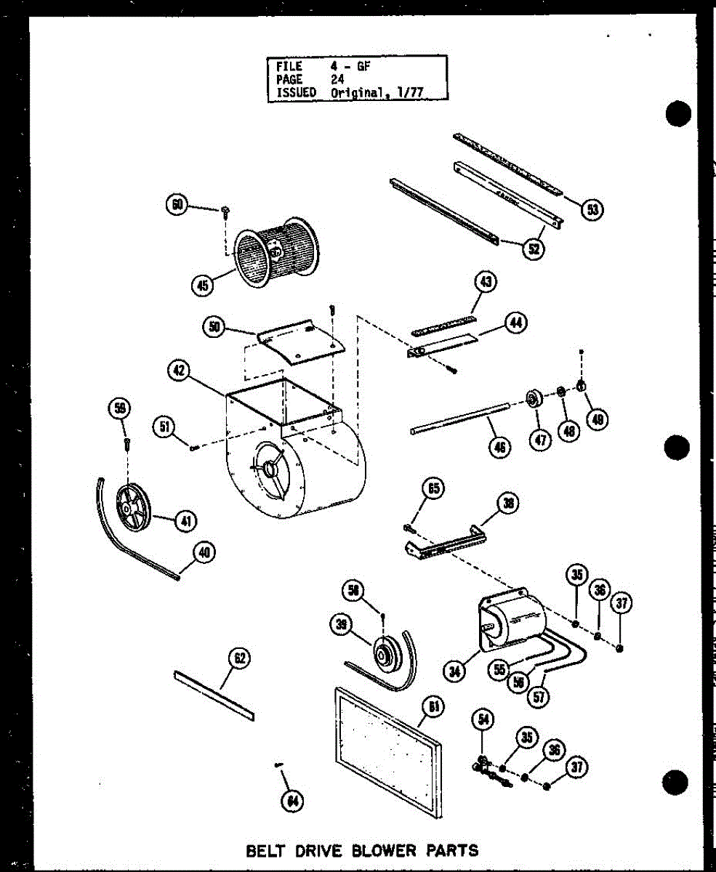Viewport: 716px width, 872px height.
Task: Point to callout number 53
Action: pos(593,209)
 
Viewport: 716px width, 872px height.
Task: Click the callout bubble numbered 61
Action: pos(433,706)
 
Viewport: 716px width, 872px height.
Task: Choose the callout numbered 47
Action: pos(539,440)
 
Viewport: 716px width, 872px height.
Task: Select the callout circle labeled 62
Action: pos(239,658)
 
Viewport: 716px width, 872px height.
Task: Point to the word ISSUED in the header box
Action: pos(296,92)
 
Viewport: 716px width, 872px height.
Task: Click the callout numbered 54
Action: pos(482,720)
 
